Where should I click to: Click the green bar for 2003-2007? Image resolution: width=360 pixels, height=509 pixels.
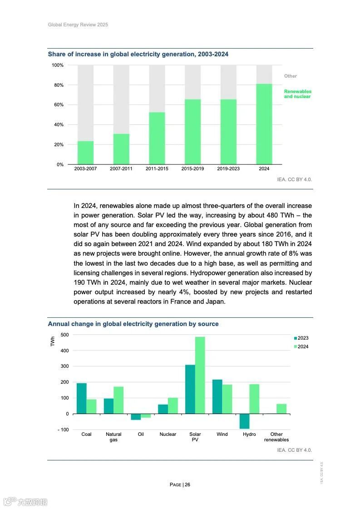85,153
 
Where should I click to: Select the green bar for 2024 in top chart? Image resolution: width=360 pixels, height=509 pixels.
264,124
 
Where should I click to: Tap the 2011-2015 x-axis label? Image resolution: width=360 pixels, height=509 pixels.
157,169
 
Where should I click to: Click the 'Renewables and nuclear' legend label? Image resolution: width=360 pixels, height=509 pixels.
297,94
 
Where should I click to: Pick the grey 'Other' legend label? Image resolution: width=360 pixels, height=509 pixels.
291,76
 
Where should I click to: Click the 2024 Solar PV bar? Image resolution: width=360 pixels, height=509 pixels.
200,375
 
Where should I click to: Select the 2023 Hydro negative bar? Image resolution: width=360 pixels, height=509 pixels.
245,421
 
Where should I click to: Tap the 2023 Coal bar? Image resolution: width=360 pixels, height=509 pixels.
81,398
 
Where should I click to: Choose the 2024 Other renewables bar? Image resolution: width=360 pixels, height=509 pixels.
281,409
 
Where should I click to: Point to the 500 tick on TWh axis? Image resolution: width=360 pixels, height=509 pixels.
64,335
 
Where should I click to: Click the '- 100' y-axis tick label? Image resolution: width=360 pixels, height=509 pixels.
64,430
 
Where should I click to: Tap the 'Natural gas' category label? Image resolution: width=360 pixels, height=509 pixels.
113,437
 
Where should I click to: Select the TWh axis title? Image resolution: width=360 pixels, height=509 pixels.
53,341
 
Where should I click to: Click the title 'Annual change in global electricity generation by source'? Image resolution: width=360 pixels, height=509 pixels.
133,324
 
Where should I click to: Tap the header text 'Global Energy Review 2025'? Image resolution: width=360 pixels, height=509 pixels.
78,25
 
